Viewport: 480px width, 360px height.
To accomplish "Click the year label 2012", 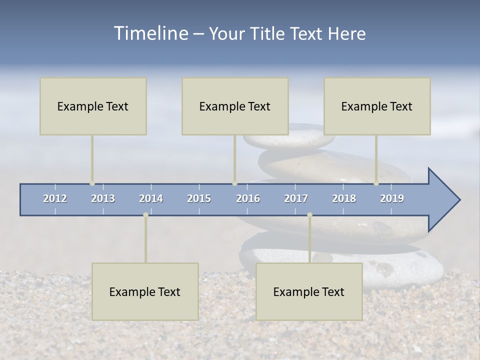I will point(55,198).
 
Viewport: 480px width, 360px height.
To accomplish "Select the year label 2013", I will point(103,198).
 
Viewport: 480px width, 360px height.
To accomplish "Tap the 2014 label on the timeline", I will point(151,198).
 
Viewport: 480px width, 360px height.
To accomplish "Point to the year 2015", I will point(199,198).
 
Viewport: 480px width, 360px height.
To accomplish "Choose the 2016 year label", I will point(248,198).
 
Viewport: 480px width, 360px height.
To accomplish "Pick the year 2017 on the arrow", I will point(296,198).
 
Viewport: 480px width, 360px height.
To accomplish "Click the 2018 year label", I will point(344,198).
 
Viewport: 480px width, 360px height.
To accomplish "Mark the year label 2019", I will point(392,198).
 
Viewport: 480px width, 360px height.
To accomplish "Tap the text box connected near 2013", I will point(93,106).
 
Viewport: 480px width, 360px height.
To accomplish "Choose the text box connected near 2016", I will point(235,106).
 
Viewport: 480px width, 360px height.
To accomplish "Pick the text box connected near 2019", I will point(377,106).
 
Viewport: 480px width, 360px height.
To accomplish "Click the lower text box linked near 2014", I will point(145,291).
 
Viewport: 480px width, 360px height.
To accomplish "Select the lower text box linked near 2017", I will point(309,291).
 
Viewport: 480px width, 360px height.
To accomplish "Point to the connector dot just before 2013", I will point(92,183).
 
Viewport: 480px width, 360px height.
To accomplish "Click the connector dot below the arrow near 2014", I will point(145,214).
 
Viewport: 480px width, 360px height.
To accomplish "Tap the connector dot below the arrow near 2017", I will point(309,214).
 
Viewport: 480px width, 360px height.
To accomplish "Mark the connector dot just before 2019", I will point(376,183).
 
